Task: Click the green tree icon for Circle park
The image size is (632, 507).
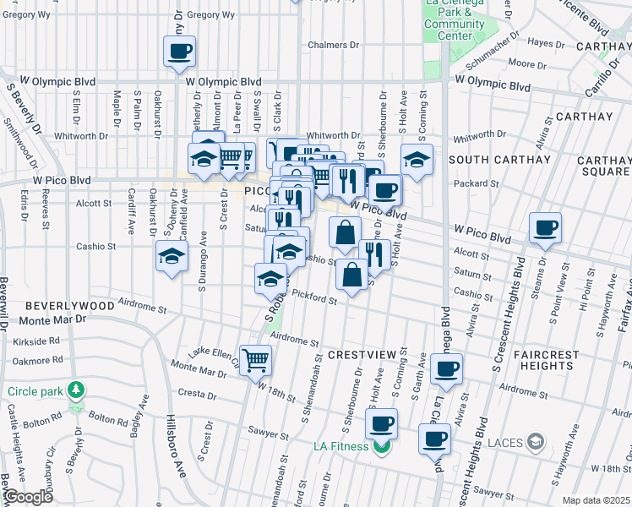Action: (77, 390)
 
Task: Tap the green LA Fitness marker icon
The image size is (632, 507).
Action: (382, 445)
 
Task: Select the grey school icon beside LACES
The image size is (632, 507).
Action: (534, 442)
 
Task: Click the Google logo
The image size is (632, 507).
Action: (28, 497)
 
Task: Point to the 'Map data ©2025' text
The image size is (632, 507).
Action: (596, 500)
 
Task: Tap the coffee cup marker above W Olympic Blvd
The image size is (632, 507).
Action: (180, 52)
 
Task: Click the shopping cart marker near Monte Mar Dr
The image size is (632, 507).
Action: (255, 361)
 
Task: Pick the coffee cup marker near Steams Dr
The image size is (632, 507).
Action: (546, 228)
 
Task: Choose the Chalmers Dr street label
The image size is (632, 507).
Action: (334, 45)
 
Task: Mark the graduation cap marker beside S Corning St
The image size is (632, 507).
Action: (417, 160)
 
